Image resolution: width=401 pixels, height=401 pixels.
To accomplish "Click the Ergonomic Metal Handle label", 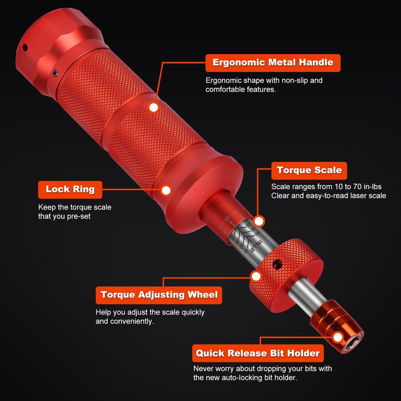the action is (273, 63).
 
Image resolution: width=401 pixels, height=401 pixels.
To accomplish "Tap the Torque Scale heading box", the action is (309, 171).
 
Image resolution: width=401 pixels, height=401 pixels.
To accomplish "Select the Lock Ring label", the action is (70, 190).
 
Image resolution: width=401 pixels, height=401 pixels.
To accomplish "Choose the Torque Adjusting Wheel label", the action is (159, 295).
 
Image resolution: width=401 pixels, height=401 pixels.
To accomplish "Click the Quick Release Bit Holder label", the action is (258, 353).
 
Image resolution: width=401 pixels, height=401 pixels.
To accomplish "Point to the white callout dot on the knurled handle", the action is (153, 108).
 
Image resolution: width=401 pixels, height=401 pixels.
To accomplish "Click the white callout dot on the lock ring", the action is (166, 190).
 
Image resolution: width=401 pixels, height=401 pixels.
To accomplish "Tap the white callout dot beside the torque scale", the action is (259, 221).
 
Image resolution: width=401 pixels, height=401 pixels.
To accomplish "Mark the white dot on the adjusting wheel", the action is (256, 276).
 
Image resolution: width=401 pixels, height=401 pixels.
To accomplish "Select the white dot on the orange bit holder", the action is (338, 337).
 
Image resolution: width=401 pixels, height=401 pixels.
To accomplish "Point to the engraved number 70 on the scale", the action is (246, 250).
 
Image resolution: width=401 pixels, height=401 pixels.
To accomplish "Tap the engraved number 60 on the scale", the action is (258, 233).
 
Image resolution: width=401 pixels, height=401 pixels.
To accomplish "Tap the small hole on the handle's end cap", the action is (25, 47).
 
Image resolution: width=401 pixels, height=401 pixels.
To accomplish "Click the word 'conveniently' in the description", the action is (132, 322).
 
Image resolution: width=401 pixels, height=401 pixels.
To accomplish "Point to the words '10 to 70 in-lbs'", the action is (358, 187).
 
